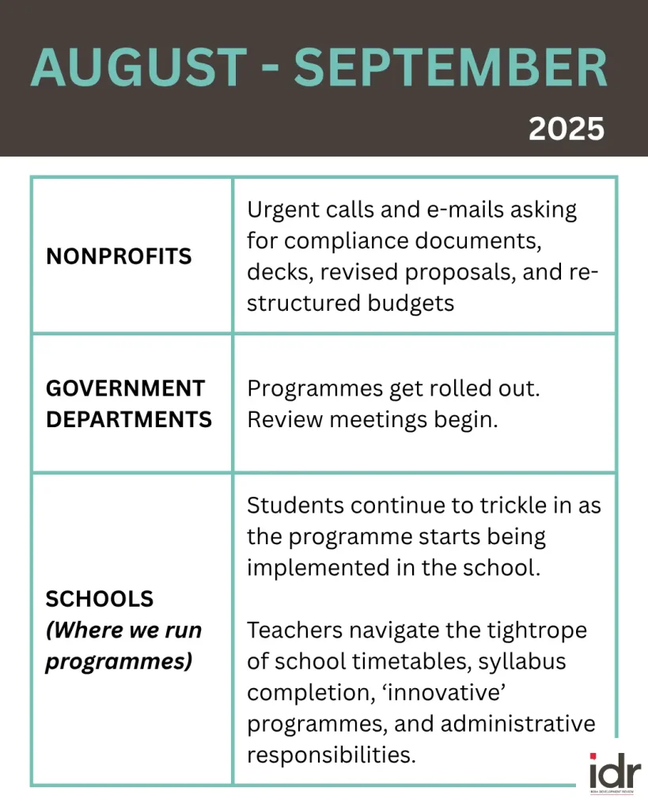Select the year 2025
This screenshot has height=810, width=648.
tap(566, 128)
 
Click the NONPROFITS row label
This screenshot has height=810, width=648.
tap(119, 256)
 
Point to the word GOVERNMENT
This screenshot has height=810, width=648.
tap(125, 388)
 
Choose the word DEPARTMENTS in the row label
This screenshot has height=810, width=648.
tap(129, 419)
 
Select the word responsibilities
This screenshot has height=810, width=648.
tap(331, 754)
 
